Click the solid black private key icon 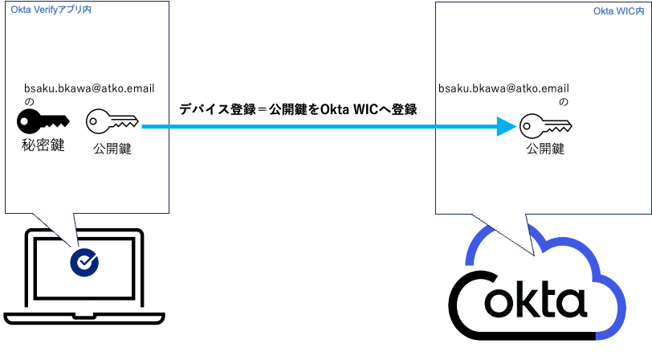click(43, 122)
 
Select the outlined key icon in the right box click(545, 126)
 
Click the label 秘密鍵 click(43, 145)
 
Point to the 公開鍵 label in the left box click(112, 149)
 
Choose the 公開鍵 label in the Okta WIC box click(545, 149)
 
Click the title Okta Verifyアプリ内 click(51, 9)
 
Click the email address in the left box click(90, 88)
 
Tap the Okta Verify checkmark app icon click(84, 262)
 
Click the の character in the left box click(29, 102)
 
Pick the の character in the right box click(564, 102)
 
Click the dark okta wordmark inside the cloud click(536, 303)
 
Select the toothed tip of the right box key click(563, 127)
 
